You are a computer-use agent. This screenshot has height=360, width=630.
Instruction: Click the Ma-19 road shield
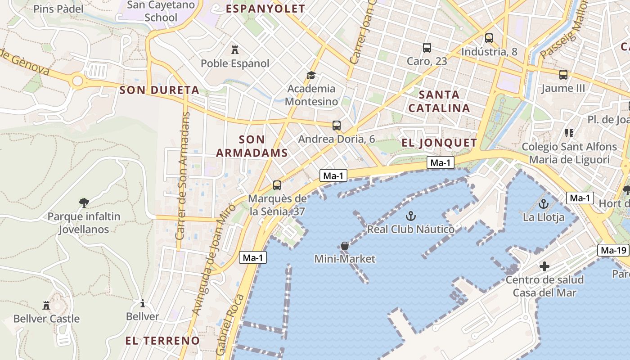click(613, 250)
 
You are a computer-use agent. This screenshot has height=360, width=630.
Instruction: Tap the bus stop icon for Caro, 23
click(427, 47)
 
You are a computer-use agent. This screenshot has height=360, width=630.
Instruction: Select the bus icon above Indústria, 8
click(489, 38)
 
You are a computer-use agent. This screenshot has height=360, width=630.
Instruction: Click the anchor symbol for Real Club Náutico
click(410, 216)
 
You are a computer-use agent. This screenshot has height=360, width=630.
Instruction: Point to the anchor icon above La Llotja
click(544, 204)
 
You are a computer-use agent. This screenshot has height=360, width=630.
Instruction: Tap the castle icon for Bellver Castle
click(46, 306)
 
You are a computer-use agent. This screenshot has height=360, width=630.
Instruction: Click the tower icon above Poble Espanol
click(234, 49)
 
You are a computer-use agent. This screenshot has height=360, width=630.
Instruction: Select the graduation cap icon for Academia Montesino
click(311, 75)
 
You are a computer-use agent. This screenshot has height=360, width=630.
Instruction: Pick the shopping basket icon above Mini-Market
click(345, 246)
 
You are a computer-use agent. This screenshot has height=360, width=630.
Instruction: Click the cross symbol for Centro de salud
click(544, 266)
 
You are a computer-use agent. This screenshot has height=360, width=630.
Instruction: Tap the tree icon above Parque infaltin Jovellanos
click(84, 203)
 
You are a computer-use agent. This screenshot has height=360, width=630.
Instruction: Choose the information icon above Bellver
click(143, 303)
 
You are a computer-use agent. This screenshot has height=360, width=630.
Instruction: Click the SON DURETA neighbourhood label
click(159, 90)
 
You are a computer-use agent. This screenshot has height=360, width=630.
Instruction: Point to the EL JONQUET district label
click(439, 143)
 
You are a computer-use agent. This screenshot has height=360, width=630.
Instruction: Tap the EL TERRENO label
click(162, 340)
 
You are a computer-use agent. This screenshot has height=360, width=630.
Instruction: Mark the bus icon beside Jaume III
click(563, 75)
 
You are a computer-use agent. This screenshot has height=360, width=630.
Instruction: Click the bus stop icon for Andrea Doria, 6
click(336, 126)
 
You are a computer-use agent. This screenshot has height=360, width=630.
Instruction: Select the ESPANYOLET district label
click(265, 9)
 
